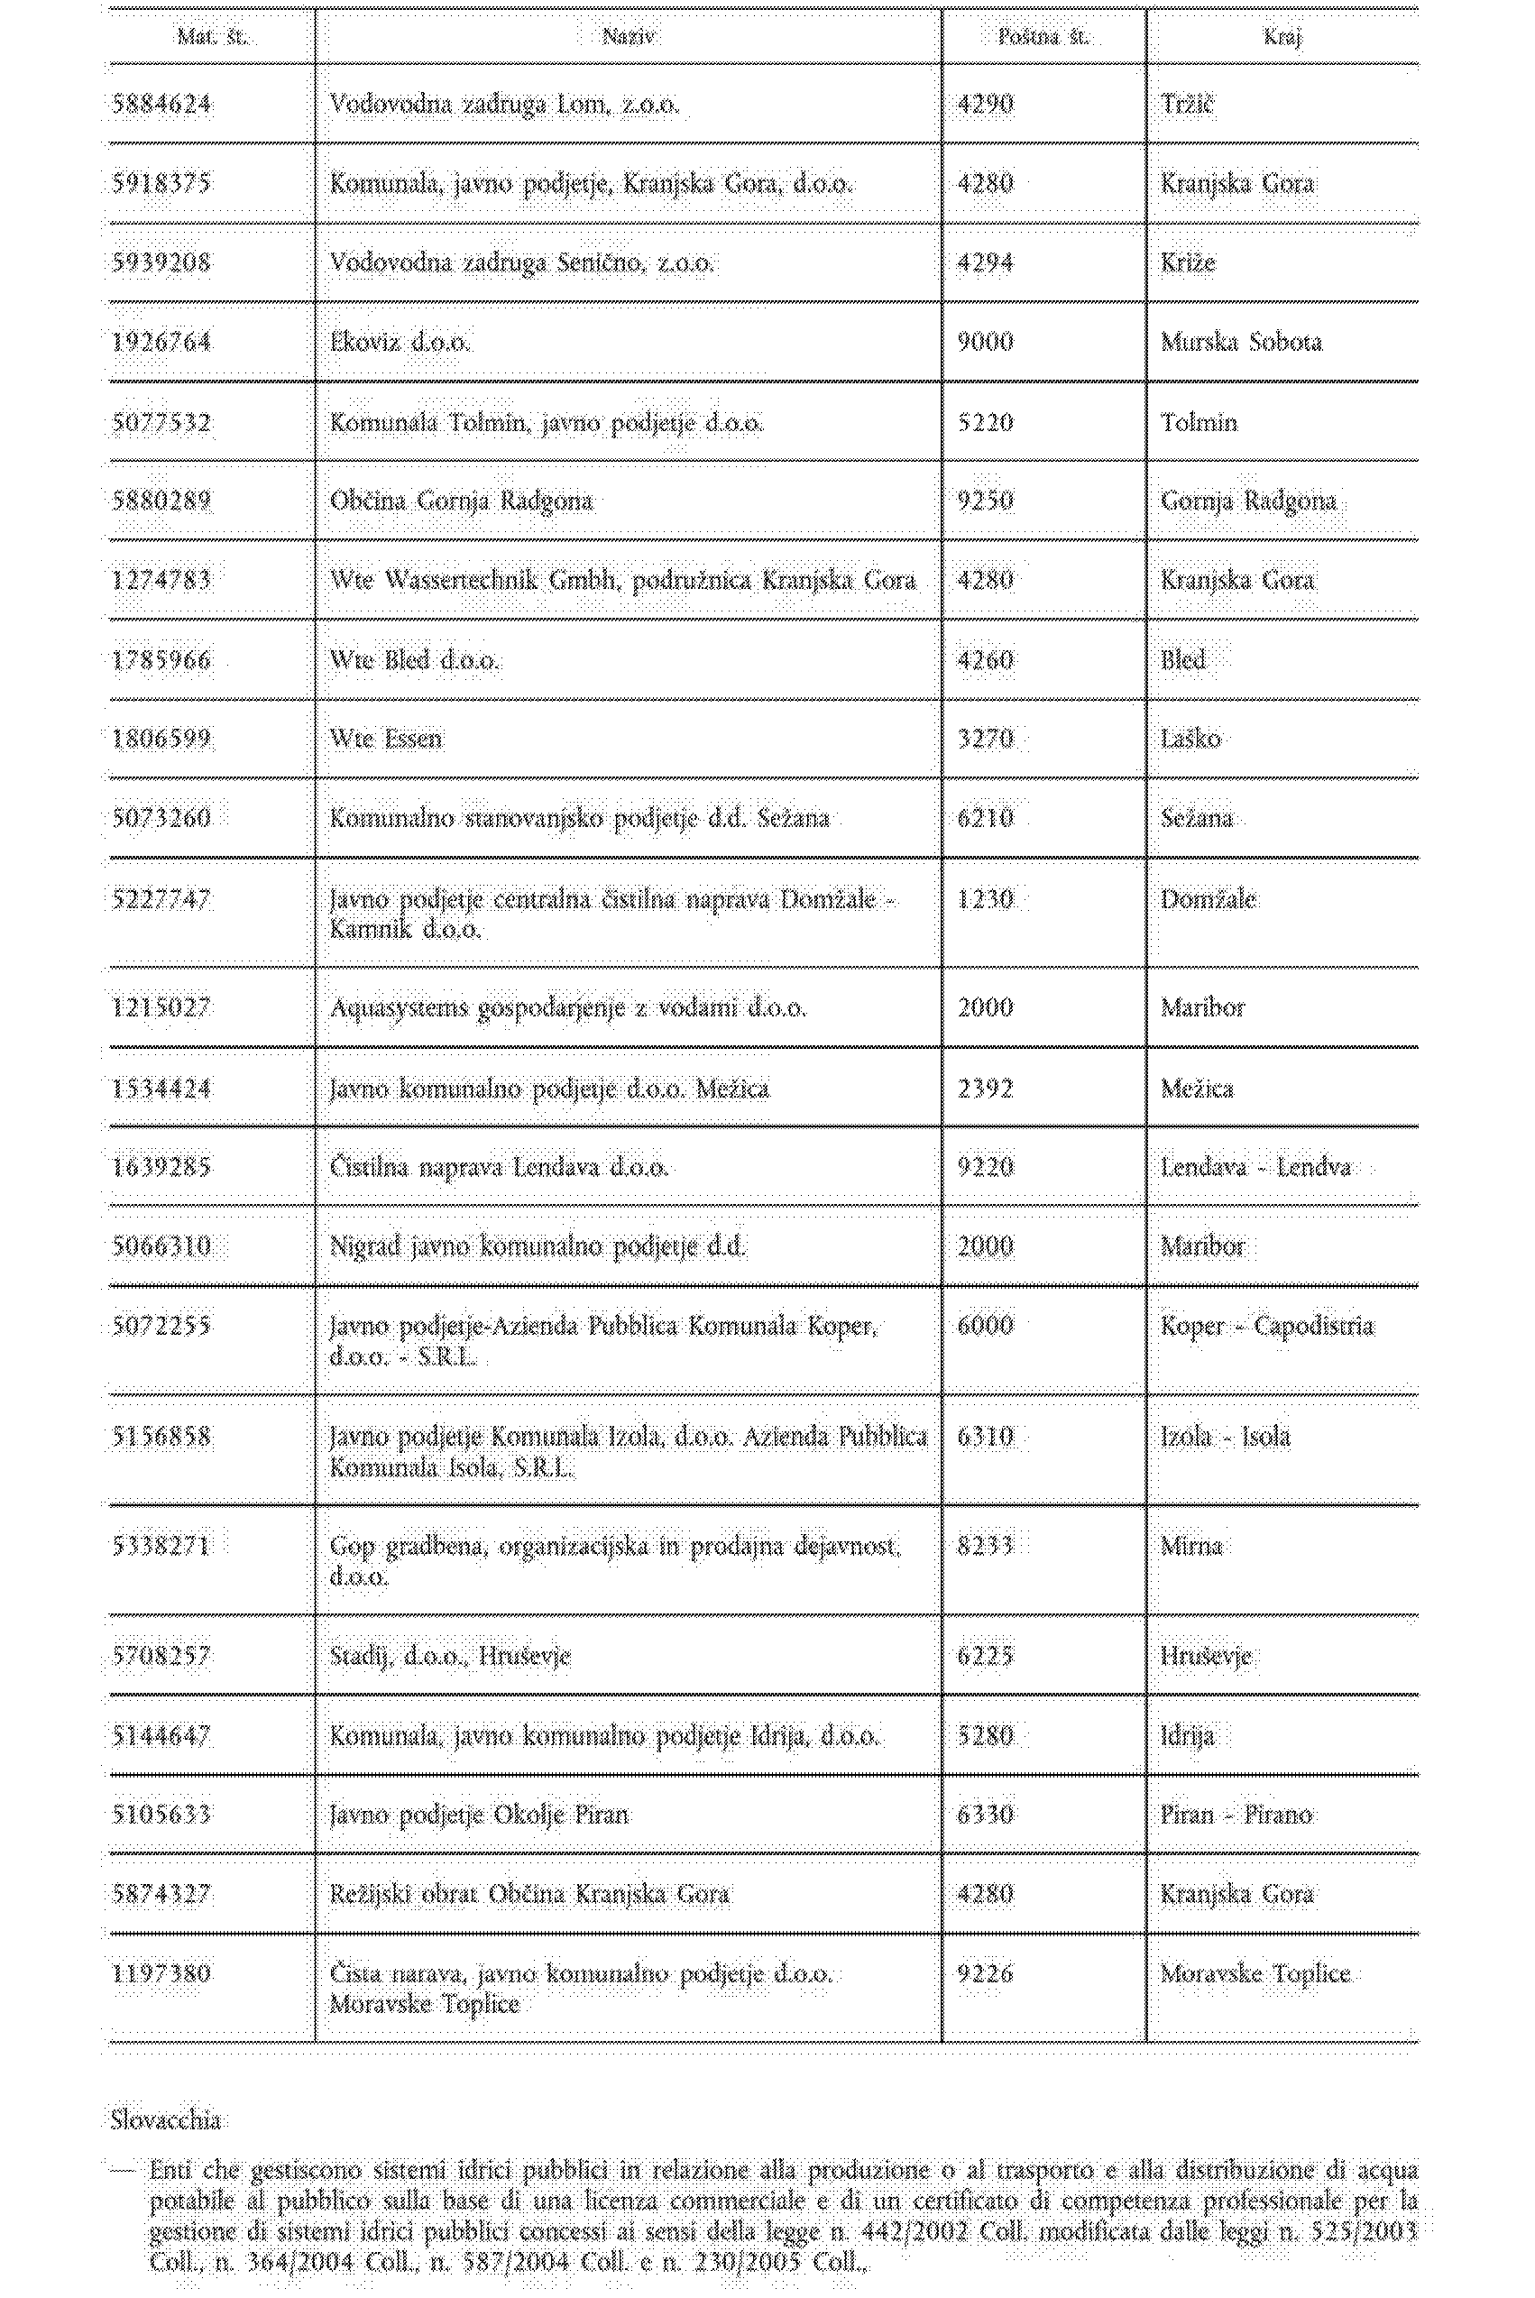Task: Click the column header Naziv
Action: coord(629,37)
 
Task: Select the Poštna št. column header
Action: coord(1043,37)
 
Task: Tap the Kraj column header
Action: coord(1282,37)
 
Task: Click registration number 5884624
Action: coord(161,104)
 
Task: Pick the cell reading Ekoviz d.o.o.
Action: coord(400,343)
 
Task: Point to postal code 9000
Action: coord(985,343)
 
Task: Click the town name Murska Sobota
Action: coord(1241,343)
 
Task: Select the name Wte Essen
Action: coord(386,739)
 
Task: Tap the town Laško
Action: coord(1190,739)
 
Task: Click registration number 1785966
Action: coord(161,660)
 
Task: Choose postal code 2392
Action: coord(985,1089)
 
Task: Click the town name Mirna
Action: coord(1191,1547)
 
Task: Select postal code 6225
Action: coord(985,1657)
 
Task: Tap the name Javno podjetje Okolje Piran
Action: coord(479,1815)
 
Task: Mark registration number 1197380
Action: coord(161,1974)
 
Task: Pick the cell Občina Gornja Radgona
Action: coord(461,501)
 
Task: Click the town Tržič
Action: coord(1187,104)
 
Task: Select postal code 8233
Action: coord(985,1547)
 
